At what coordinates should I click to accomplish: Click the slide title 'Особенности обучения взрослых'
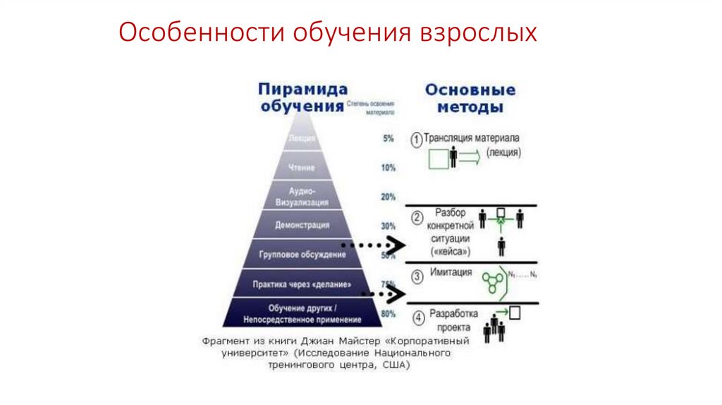point(327,33)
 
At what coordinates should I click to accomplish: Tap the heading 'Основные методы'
point(470,99)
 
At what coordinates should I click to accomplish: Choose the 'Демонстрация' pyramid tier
point(301,225)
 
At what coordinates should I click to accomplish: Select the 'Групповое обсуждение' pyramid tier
point(301,254)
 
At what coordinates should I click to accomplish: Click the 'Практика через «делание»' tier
point(301,284)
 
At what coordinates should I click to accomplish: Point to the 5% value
point(388,139)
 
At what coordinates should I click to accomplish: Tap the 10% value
point(388,168)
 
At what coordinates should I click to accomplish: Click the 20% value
point(388,197)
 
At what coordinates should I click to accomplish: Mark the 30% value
point(388,226)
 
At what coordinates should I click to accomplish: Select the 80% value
point(388,313)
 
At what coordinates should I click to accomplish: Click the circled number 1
point(417,139)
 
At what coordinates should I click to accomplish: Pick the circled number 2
point(417,217)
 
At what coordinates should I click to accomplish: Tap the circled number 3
point(417,275)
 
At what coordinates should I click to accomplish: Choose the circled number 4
point(418,318)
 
